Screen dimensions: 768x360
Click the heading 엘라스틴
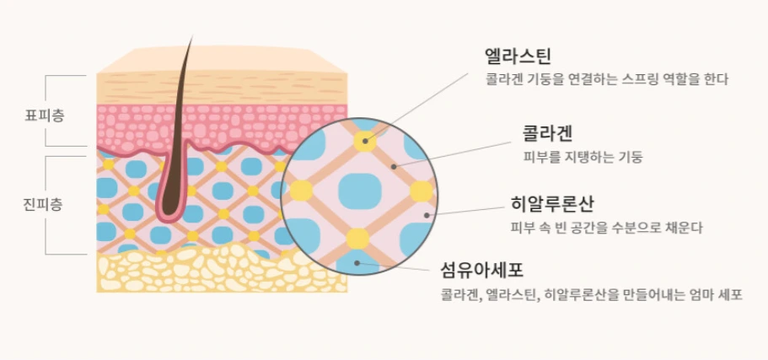[518, 56]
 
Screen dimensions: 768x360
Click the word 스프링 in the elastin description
[620, 80]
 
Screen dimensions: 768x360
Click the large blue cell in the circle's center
[359, 191]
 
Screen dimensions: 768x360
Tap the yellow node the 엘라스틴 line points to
[366, 139]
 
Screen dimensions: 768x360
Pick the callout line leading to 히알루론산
[468, 210]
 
